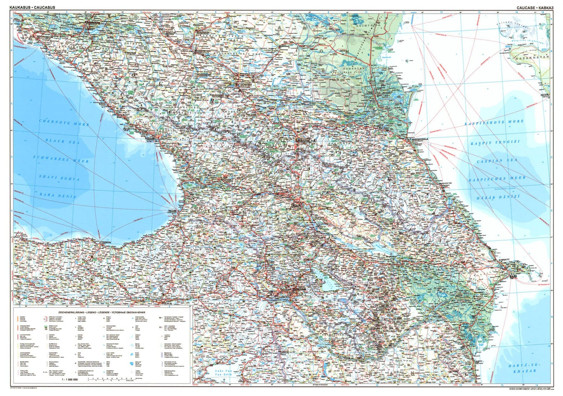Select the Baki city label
tap(513, 277)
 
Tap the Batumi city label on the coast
tap(172, 211)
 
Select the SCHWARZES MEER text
tap(61, 159)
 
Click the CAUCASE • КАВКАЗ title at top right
tap(535, 7)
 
